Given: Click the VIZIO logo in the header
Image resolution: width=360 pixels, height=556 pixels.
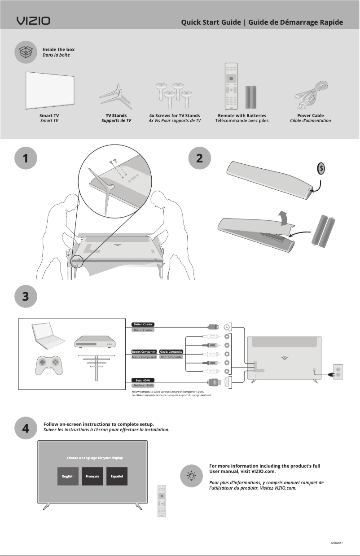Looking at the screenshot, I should point(34,21).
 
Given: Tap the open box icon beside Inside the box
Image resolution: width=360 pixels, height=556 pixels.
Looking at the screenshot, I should point(26,53).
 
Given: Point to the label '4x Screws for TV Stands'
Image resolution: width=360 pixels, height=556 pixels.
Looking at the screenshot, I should point(174,115).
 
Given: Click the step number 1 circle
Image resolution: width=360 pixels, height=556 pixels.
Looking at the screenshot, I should point(26,158).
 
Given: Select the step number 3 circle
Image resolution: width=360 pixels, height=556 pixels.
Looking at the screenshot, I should point(26,297).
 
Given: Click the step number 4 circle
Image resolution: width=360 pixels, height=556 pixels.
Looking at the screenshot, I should point(26,428).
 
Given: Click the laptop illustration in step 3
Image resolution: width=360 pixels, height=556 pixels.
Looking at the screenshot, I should point(47,337).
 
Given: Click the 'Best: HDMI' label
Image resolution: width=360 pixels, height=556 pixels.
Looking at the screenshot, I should point(143,380).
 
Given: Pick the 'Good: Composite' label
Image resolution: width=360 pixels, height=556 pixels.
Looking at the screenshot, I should point(171,351).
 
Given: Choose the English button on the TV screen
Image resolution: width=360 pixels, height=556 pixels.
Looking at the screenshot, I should point(68,476).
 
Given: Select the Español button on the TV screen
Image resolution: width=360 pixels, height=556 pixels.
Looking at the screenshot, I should point(117,476).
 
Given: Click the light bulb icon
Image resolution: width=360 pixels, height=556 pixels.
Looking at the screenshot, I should point(192,475).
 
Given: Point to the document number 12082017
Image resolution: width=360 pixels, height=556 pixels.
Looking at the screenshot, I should point(336,543).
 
